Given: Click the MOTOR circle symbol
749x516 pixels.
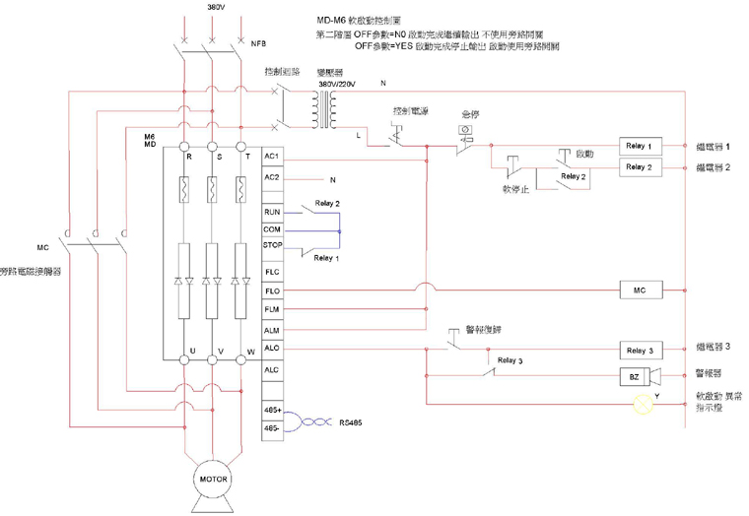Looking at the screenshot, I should [x=214, y=480].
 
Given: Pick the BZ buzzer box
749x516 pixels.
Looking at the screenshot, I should [x=635, y=377].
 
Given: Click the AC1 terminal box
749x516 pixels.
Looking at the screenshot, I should [x=272, y=157].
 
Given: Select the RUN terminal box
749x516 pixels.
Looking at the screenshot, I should [x=272, y=212].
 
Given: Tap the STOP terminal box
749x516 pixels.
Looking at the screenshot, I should [x=272, y=245].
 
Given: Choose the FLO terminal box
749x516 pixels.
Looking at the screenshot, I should [x=272, y=290].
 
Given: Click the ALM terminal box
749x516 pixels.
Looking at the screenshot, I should [x=272, y=330].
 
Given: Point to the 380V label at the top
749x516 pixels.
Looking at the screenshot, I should [x=215, y=7].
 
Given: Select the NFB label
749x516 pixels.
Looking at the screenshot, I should [x=259, y=44].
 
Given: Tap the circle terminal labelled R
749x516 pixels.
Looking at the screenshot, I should [x=184, y=146].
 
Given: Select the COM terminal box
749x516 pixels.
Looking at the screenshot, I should [x=272, y=228].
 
